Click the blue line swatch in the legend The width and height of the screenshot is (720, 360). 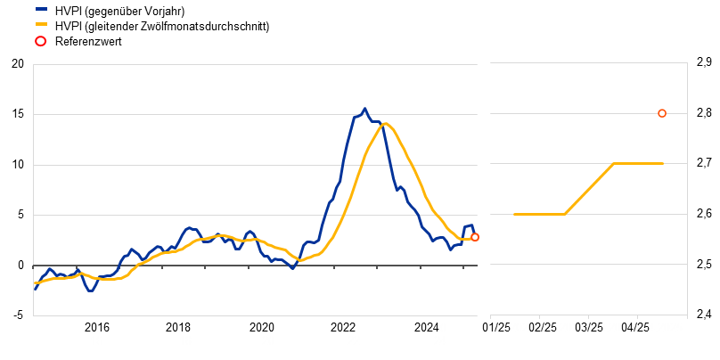tap(41, 9)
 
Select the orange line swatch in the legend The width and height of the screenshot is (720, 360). tap(41, 24)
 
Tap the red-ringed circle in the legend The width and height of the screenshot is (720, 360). tap(41, 41)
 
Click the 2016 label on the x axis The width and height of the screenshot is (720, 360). tap(96, 333)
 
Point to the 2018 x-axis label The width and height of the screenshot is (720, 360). tap(185, 333)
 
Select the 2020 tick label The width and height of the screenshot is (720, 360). tap(268, 333)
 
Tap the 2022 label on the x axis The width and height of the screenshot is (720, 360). tap(354, 333)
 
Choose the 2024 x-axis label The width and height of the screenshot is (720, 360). tap(439, 333)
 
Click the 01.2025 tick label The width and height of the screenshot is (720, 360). tap(514, 328)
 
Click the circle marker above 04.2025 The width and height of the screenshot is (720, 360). tap(662, 113)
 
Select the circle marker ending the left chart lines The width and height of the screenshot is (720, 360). tap(475, 237)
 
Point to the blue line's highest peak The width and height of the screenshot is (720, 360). tap(364, 110)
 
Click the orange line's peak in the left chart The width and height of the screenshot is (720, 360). tap(385, 123)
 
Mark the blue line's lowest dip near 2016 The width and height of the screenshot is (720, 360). tap(90, 290)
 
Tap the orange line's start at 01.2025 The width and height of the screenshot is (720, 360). tap(514, 214)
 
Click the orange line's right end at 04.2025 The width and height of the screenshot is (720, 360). tap(663, 163)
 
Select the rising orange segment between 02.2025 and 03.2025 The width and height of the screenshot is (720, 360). tap(590, 188)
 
